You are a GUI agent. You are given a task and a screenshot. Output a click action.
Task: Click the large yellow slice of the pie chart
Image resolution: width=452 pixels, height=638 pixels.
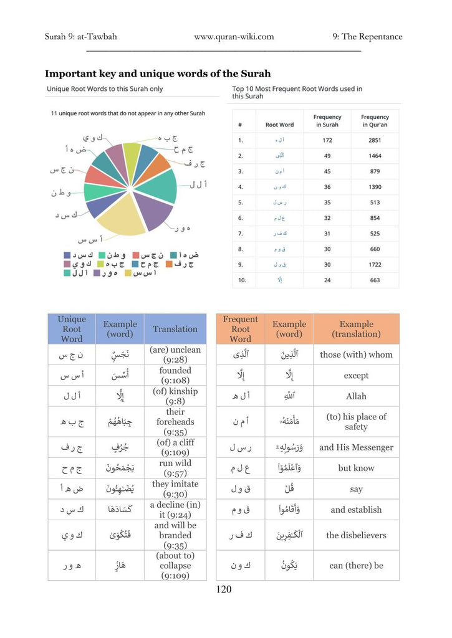click(122, 215)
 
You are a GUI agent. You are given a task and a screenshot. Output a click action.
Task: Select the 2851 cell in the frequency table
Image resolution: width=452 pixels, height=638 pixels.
click(375, 140)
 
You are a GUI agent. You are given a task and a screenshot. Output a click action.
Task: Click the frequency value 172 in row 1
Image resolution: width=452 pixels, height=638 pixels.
click(327, 140)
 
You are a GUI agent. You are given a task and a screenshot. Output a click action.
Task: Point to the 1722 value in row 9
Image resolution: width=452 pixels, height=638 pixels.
click(375, 264)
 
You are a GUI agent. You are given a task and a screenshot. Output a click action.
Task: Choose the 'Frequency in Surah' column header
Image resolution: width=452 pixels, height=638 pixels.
click(327, 121)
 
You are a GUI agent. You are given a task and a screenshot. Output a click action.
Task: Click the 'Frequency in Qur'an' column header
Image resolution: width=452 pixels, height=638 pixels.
click(375, 121)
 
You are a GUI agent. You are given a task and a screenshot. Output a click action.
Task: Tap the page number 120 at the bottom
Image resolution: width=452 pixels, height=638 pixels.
click(224, 589)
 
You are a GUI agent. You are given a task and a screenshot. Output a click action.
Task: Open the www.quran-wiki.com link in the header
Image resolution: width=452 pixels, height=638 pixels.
click(234, 37)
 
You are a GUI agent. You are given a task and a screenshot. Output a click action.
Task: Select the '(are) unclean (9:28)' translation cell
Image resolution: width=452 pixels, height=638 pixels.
click(175, 355)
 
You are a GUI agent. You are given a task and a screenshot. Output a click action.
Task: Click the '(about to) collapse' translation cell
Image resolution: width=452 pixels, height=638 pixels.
click(175, 566)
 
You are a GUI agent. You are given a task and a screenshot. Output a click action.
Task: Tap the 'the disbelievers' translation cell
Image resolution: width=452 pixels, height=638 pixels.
click(356, 535)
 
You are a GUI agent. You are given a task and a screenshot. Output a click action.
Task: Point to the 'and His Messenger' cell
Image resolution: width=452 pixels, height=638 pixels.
click(356, 447)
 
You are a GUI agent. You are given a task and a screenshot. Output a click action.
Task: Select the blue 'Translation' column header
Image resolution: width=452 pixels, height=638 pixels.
click(175, 329)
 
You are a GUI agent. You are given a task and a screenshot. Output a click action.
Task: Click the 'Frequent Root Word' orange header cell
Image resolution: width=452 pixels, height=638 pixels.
click(240, 329)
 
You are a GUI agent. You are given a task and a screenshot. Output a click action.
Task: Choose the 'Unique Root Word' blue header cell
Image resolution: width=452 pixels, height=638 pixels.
click(72, 329)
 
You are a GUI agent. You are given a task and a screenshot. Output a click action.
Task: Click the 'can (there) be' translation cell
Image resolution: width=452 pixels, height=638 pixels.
click(356, 566)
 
